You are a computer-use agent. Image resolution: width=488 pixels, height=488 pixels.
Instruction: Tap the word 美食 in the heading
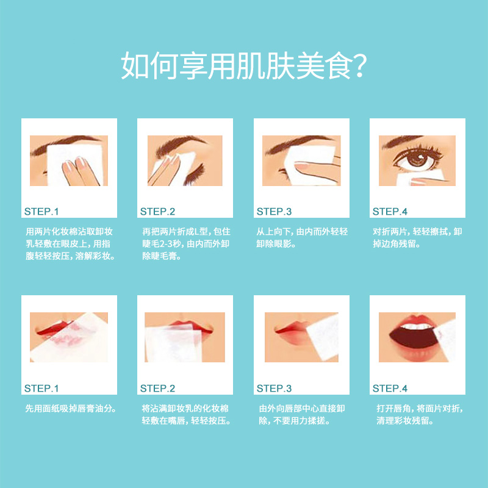pos(322,66)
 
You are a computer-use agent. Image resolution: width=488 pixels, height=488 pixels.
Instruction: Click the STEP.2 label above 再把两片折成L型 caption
pos(157,212)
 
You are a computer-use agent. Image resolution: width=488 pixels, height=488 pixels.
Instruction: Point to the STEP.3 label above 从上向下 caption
pos(274,212)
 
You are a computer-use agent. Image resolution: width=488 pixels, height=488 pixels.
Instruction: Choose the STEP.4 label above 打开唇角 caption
pos(390,388)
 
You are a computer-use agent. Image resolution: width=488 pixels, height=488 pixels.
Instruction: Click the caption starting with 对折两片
pos(417,238)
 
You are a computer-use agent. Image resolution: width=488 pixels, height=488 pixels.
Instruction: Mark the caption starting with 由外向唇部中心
pos(302,415)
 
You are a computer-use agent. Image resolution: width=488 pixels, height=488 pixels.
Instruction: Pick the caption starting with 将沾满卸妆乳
pos(185,415)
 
